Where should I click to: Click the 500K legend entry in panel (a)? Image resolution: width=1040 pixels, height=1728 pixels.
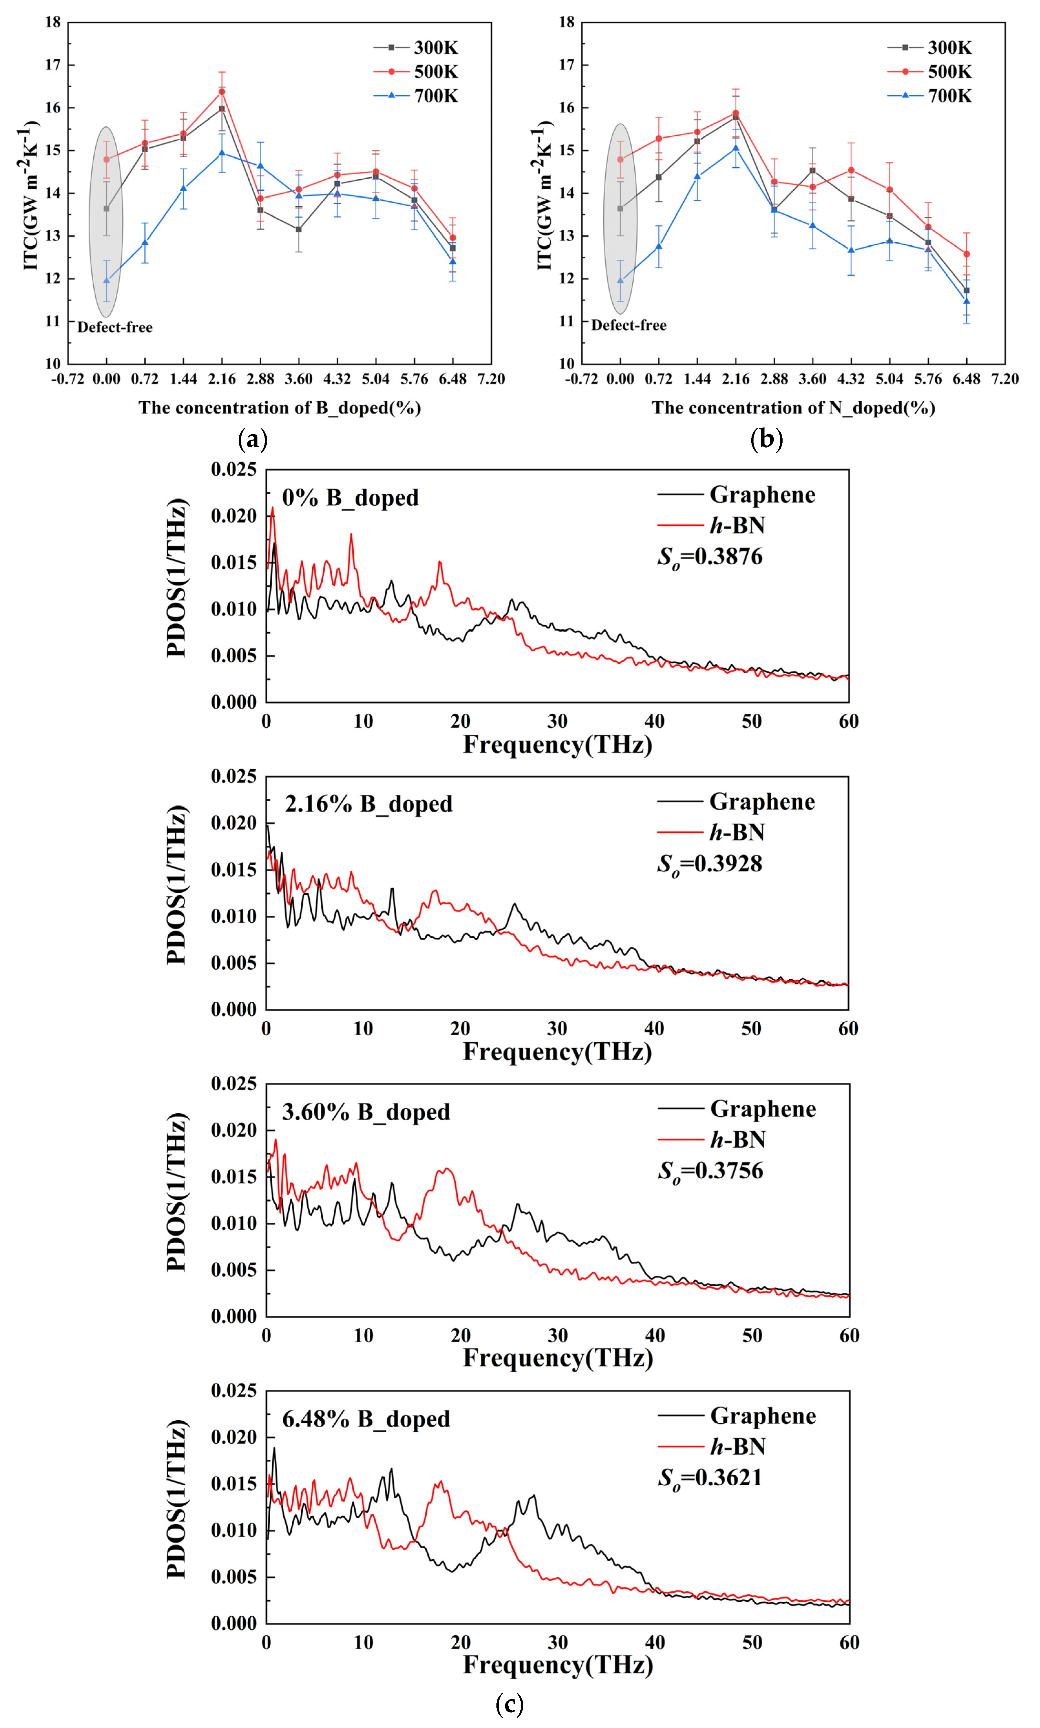[x=417, y=71]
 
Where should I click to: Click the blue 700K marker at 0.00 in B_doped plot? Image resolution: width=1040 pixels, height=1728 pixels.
[x=107, y=280]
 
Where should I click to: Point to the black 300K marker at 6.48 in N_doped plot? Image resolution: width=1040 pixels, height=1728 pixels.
[x=966, y=290]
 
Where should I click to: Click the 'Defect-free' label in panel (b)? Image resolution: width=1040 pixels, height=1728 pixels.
[x=629, y=325]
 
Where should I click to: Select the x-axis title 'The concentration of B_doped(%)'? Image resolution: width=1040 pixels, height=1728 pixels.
[x=280, y=408]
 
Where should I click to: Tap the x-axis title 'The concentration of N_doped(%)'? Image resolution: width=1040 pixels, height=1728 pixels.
[x=793, y=408]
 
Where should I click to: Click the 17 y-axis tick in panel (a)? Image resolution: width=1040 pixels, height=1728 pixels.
[x=53, y=65]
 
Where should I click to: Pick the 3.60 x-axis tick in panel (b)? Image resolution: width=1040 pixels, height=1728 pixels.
[x=812, y=379]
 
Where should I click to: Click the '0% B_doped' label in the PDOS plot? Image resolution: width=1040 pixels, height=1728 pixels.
[x=350, y=498]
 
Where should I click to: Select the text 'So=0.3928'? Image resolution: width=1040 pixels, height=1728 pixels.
[x=709, y=864]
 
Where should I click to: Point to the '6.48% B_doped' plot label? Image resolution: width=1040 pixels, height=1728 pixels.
[x=366, y=1419]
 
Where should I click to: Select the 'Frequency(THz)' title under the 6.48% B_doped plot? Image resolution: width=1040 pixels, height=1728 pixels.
[x=558, y=1665]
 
